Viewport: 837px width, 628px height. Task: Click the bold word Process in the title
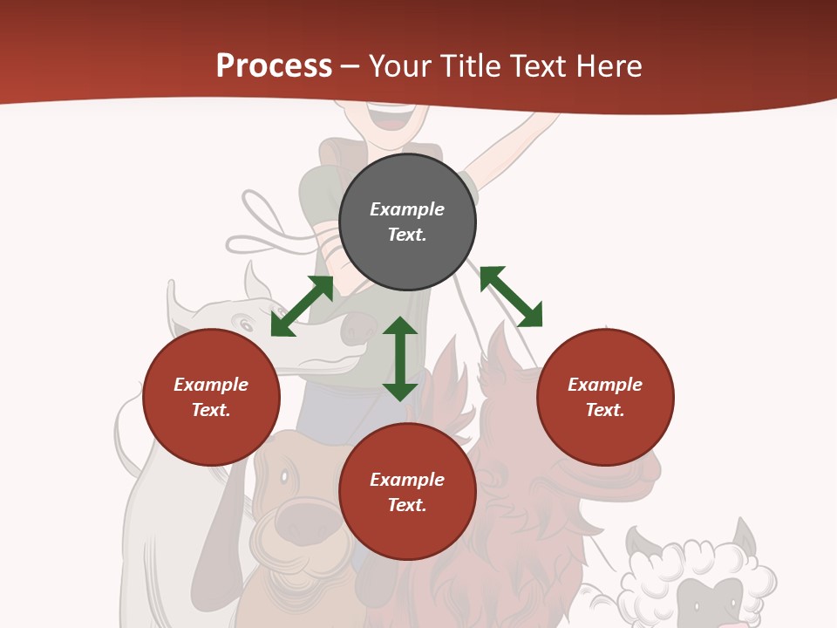click(274, 66)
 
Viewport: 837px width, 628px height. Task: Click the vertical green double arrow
click(400, 358)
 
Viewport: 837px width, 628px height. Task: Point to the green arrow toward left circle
click(302, 306)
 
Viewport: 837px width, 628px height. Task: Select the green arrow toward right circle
click(511, 297)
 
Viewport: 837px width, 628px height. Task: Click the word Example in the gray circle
click(407, 209)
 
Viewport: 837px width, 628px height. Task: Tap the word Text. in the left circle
click(211, 410)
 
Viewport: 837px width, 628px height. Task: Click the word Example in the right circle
click(605, 385)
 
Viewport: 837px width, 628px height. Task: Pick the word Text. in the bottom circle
click(407, 505)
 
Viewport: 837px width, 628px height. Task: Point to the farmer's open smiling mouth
click(390, 113)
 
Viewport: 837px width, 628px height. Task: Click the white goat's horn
click(257, 281)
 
